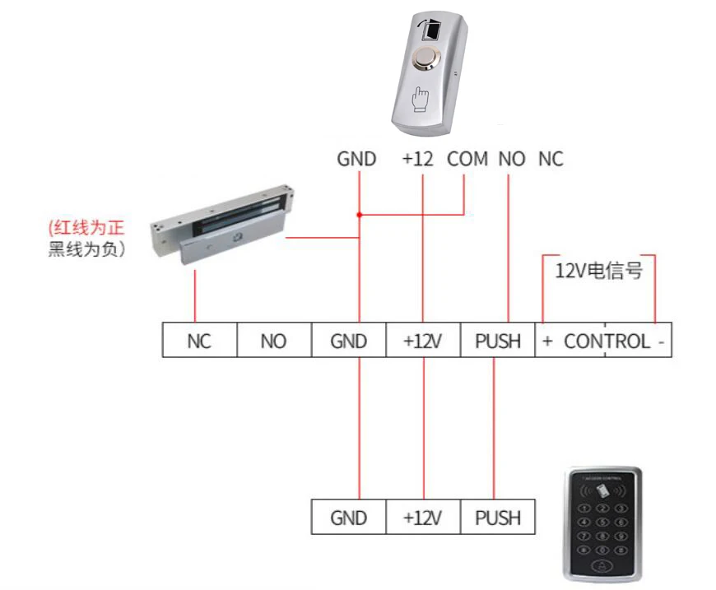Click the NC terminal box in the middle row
coord(199,341)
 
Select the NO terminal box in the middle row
coord(273,341)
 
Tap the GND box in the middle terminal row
coord(348,341)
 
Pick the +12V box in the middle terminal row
coord(423,341)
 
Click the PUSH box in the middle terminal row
coord(498,341)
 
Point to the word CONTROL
coord(607,341)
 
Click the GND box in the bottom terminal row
coord(348,518)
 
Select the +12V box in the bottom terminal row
coord(423,518)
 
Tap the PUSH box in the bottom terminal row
coord(498,518)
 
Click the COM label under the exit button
coord(467,159)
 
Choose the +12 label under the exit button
coord(417,159)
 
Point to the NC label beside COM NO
coord(551,159)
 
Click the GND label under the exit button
coord(356,159)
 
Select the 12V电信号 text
coord(598,270)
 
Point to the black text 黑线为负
coord(86,249)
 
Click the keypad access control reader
coord(603,522)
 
